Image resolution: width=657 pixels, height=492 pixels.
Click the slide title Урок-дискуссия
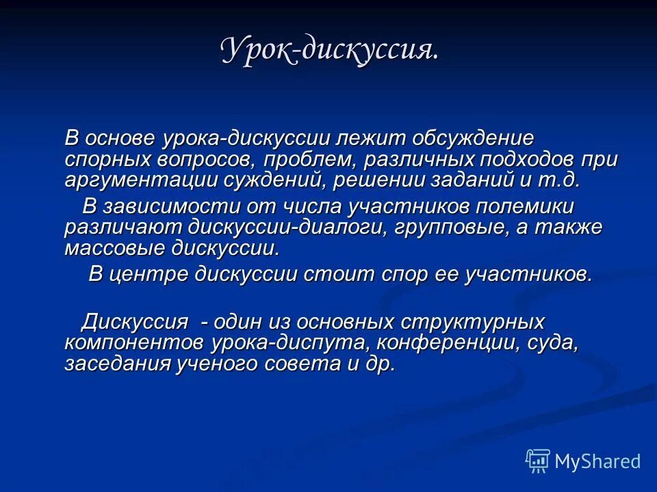(329, 51)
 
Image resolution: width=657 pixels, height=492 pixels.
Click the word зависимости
(168, 206)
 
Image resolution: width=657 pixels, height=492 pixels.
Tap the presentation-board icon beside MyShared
(537, 461)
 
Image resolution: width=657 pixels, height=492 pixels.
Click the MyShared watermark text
(597, 461)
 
